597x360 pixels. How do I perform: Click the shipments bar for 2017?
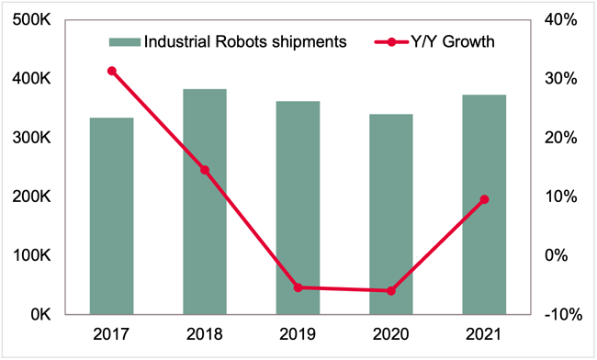(111, 216)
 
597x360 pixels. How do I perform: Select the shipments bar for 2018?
(205, 201)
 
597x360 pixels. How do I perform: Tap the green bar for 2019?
(298, 208)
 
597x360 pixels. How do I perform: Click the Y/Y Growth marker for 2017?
(111, 71)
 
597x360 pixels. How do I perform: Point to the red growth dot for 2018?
(205, 170)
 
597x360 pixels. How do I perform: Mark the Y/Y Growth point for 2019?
(298, 287)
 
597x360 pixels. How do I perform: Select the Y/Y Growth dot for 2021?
(484, 199)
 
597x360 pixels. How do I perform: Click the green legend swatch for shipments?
(123, 41)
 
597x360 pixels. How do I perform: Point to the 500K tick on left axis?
(33, 20)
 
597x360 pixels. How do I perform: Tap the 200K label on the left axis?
(33, 197)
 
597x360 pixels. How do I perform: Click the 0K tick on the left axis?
(41, 315)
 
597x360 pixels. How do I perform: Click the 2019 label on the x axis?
(298, 336)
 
